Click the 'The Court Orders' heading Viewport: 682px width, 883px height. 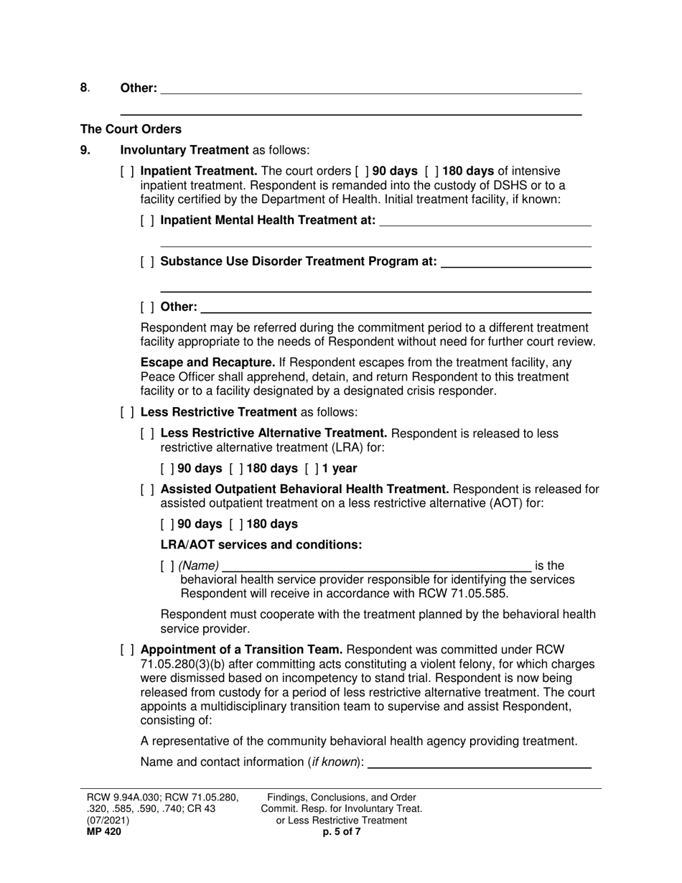tap(131, 129)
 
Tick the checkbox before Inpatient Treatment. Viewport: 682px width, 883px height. tap(127, 171)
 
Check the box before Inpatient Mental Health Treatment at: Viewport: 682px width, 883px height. tap(147, 220)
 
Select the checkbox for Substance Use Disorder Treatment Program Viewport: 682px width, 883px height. tap(147, 261)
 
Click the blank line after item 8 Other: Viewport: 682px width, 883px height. tap(370, 88)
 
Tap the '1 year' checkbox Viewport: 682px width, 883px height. tap(312, 468)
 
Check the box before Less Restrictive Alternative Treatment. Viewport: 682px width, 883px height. tap(147, 434)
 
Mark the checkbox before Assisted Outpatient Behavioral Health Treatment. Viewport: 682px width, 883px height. tap(147, 490)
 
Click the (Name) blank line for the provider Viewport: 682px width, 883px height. tap(376, 566)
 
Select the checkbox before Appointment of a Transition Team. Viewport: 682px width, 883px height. tap(127, 650)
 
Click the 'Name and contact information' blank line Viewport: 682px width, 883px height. tap(479, 762)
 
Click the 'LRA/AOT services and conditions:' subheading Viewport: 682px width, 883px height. tap(261, 545)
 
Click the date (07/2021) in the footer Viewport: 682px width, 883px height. tap(109, 821)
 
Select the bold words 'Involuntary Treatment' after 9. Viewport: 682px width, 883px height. tap(184, 150)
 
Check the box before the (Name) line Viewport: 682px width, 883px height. tap(167, 566)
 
